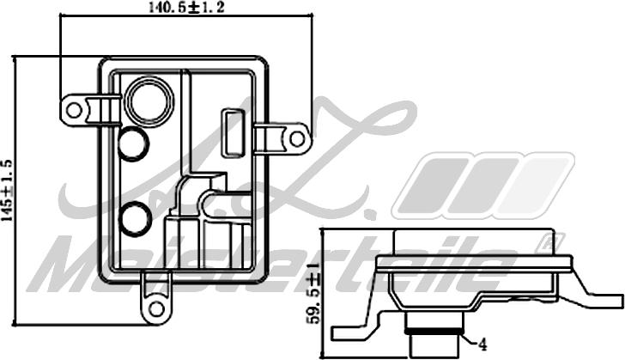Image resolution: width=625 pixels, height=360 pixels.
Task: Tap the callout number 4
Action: coord(483,345)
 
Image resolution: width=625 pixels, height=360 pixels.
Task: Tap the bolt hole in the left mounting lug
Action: coord(75,110)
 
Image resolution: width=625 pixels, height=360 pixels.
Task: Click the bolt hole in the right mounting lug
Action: coord(296,137)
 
